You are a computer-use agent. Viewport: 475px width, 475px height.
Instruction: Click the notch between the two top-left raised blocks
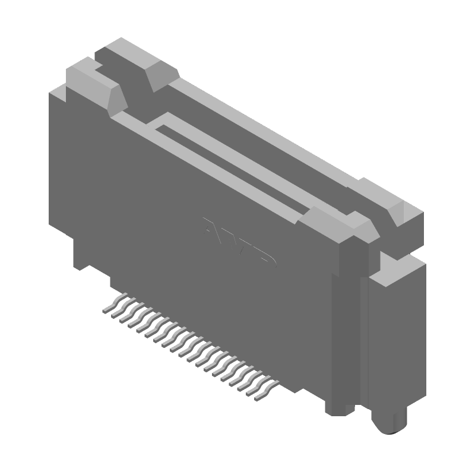(131, 89)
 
